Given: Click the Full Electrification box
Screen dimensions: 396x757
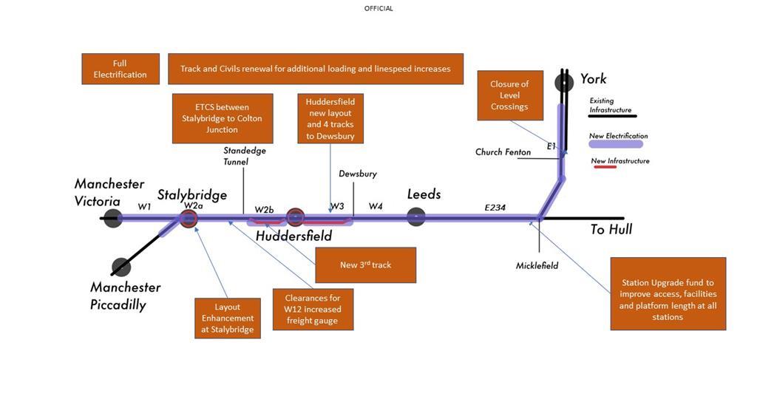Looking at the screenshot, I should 120,69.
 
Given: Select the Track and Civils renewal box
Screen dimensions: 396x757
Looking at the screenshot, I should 316,69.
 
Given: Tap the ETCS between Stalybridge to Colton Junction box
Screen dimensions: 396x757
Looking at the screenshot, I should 223,118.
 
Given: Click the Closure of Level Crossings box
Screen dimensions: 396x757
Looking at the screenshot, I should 509,95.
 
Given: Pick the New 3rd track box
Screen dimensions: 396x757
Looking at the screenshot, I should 365,264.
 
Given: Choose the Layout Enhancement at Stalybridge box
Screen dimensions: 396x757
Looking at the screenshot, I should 228,318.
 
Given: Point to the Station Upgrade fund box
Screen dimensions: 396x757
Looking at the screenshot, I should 668,293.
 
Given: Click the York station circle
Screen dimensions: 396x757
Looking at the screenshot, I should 564,82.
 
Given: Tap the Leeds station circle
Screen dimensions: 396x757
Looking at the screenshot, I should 416,216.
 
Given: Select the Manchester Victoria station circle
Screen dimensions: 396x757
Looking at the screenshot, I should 112,218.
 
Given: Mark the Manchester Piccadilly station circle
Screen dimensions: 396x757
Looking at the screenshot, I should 121,267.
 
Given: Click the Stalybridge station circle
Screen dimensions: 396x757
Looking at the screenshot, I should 189,218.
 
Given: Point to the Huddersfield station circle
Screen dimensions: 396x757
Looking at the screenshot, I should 295,217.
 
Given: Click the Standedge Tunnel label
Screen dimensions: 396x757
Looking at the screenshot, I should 245,156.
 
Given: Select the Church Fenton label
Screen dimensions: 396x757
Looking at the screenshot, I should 503,152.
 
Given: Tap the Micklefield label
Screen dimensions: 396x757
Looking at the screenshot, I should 537,265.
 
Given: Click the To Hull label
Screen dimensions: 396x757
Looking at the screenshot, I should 611,230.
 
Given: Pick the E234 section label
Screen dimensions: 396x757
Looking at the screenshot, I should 495,208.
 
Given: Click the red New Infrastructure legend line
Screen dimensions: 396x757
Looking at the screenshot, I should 605,168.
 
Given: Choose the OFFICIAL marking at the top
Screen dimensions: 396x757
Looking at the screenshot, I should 378,8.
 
